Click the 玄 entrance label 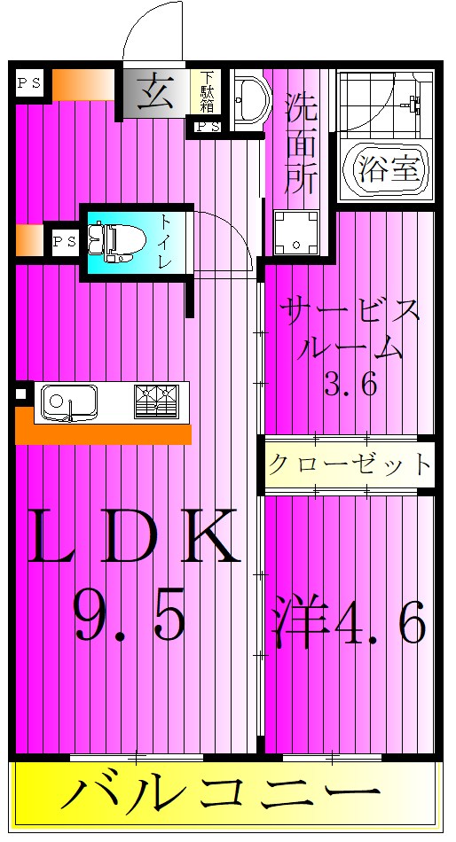pos(155,90)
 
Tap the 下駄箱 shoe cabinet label pos(207,91)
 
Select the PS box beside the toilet pos(64,240)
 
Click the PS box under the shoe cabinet pos(207,128)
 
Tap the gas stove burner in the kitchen pos(155,402)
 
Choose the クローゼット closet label pos(350,464)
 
